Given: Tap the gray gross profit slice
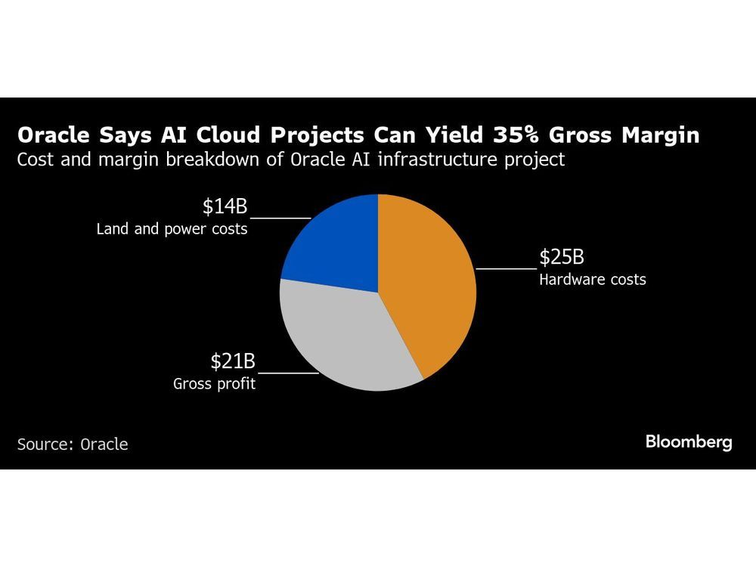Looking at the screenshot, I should point(340,333).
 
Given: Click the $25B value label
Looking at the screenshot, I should point(561,257).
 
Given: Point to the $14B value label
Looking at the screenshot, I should point(225,206).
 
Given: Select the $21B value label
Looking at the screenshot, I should point(233,362).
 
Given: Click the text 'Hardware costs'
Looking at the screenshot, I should point(592,280).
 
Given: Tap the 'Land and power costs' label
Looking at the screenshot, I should point(172,228).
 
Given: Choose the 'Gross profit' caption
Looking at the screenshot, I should point(214,383).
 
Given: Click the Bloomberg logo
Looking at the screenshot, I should point(689,442).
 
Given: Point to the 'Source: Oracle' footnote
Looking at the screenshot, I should point(73,444).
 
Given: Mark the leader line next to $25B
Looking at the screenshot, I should point(506,268).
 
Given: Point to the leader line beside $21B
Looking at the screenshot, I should point(288,373).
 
